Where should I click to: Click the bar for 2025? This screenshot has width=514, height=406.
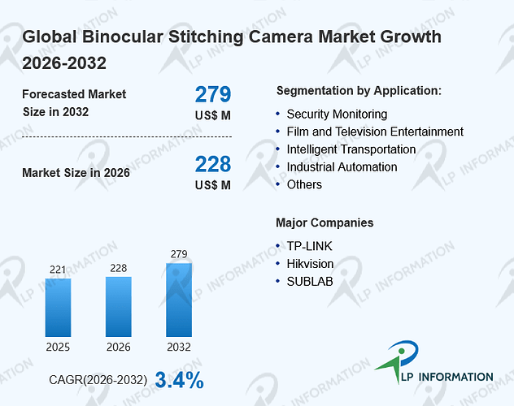tap(58, 308)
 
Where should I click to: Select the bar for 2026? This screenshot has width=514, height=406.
tap(119, 307)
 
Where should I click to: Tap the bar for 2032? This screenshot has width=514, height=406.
tap(179, 300)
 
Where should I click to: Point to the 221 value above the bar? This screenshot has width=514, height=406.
tap(58, 270)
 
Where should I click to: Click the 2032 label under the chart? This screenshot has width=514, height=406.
tap(179, 347)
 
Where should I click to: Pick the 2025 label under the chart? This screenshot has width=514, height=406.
tap(58, 347)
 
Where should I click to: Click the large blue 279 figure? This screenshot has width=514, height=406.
tap(213, 94)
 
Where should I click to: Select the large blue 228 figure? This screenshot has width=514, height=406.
tap(213, 164)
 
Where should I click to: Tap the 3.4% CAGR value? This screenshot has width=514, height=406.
tap(179, 380)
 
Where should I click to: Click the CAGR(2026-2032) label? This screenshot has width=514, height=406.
tap(98, 380)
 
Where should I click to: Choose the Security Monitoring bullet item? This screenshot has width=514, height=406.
tap(337, 114)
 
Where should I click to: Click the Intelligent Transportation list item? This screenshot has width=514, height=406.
tap(351, 149)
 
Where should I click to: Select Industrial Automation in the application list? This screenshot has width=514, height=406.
tap(342, 167)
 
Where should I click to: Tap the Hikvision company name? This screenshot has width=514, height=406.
tap(310, 264)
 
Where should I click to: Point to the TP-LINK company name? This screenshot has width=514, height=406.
tap(309, 246)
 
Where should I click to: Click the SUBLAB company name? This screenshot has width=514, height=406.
tap(310, 281)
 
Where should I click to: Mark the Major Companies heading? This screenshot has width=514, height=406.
tap(325, 222)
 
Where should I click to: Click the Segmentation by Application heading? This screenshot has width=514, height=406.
tap(359, 91)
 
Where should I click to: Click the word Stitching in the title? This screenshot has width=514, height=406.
tap(206, 37)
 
